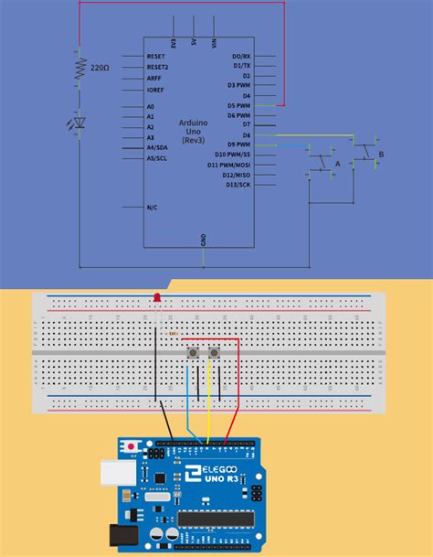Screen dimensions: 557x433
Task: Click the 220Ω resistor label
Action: click(100, 68)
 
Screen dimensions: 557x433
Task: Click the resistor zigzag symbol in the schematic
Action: click(79, 67)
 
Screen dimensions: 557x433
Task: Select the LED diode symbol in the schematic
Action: click(79, 122)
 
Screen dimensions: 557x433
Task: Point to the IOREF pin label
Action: click(156, 90)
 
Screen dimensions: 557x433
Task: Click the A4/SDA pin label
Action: click(157, 147)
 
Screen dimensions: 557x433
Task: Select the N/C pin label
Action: click(153, 208)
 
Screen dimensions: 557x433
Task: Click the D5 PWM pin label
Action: click(239, 105)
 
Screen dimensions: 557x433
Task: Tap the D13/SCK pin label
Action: click(238, 185)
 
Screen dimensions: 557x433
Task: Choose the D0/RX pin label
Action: click(241, 56)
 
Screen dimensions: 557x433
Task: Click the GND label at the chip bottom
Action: click(203, 240)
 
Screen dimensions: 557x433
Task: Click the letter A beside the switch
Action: click(337, 164)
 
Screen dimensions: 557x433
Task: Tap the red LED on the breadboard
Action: click(156, 298)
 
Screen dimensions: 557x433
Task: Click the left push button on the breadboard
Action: click(193, 353)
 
